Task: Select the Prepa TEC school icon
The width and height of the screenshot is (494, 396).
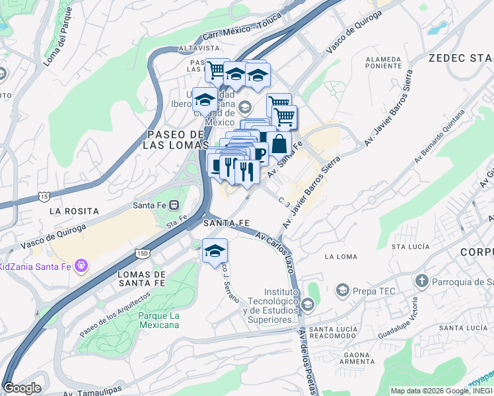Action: click(x=342, y=289)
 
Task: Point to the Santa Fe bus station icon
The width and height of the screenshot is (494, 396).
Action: click(x=174, y=205)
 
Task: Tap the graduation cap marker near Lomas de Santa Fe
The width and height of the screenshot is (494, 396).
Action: click(x=215, y=251)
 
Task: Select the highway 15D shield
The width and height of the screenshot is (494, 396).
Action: click(x=142, y=253)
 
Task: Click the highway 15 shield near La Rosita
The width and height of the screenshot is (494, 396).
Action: click(x=44, y=197)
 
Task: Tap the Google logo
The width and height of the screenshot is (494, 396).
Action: click(x=22, y=388)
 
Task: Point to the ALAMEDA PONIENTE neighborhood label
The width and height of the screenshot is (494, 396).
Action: click(x=384, y=62)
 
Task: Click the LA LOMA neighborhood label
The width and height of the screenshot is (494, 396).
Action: click(x=341, y=256)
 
